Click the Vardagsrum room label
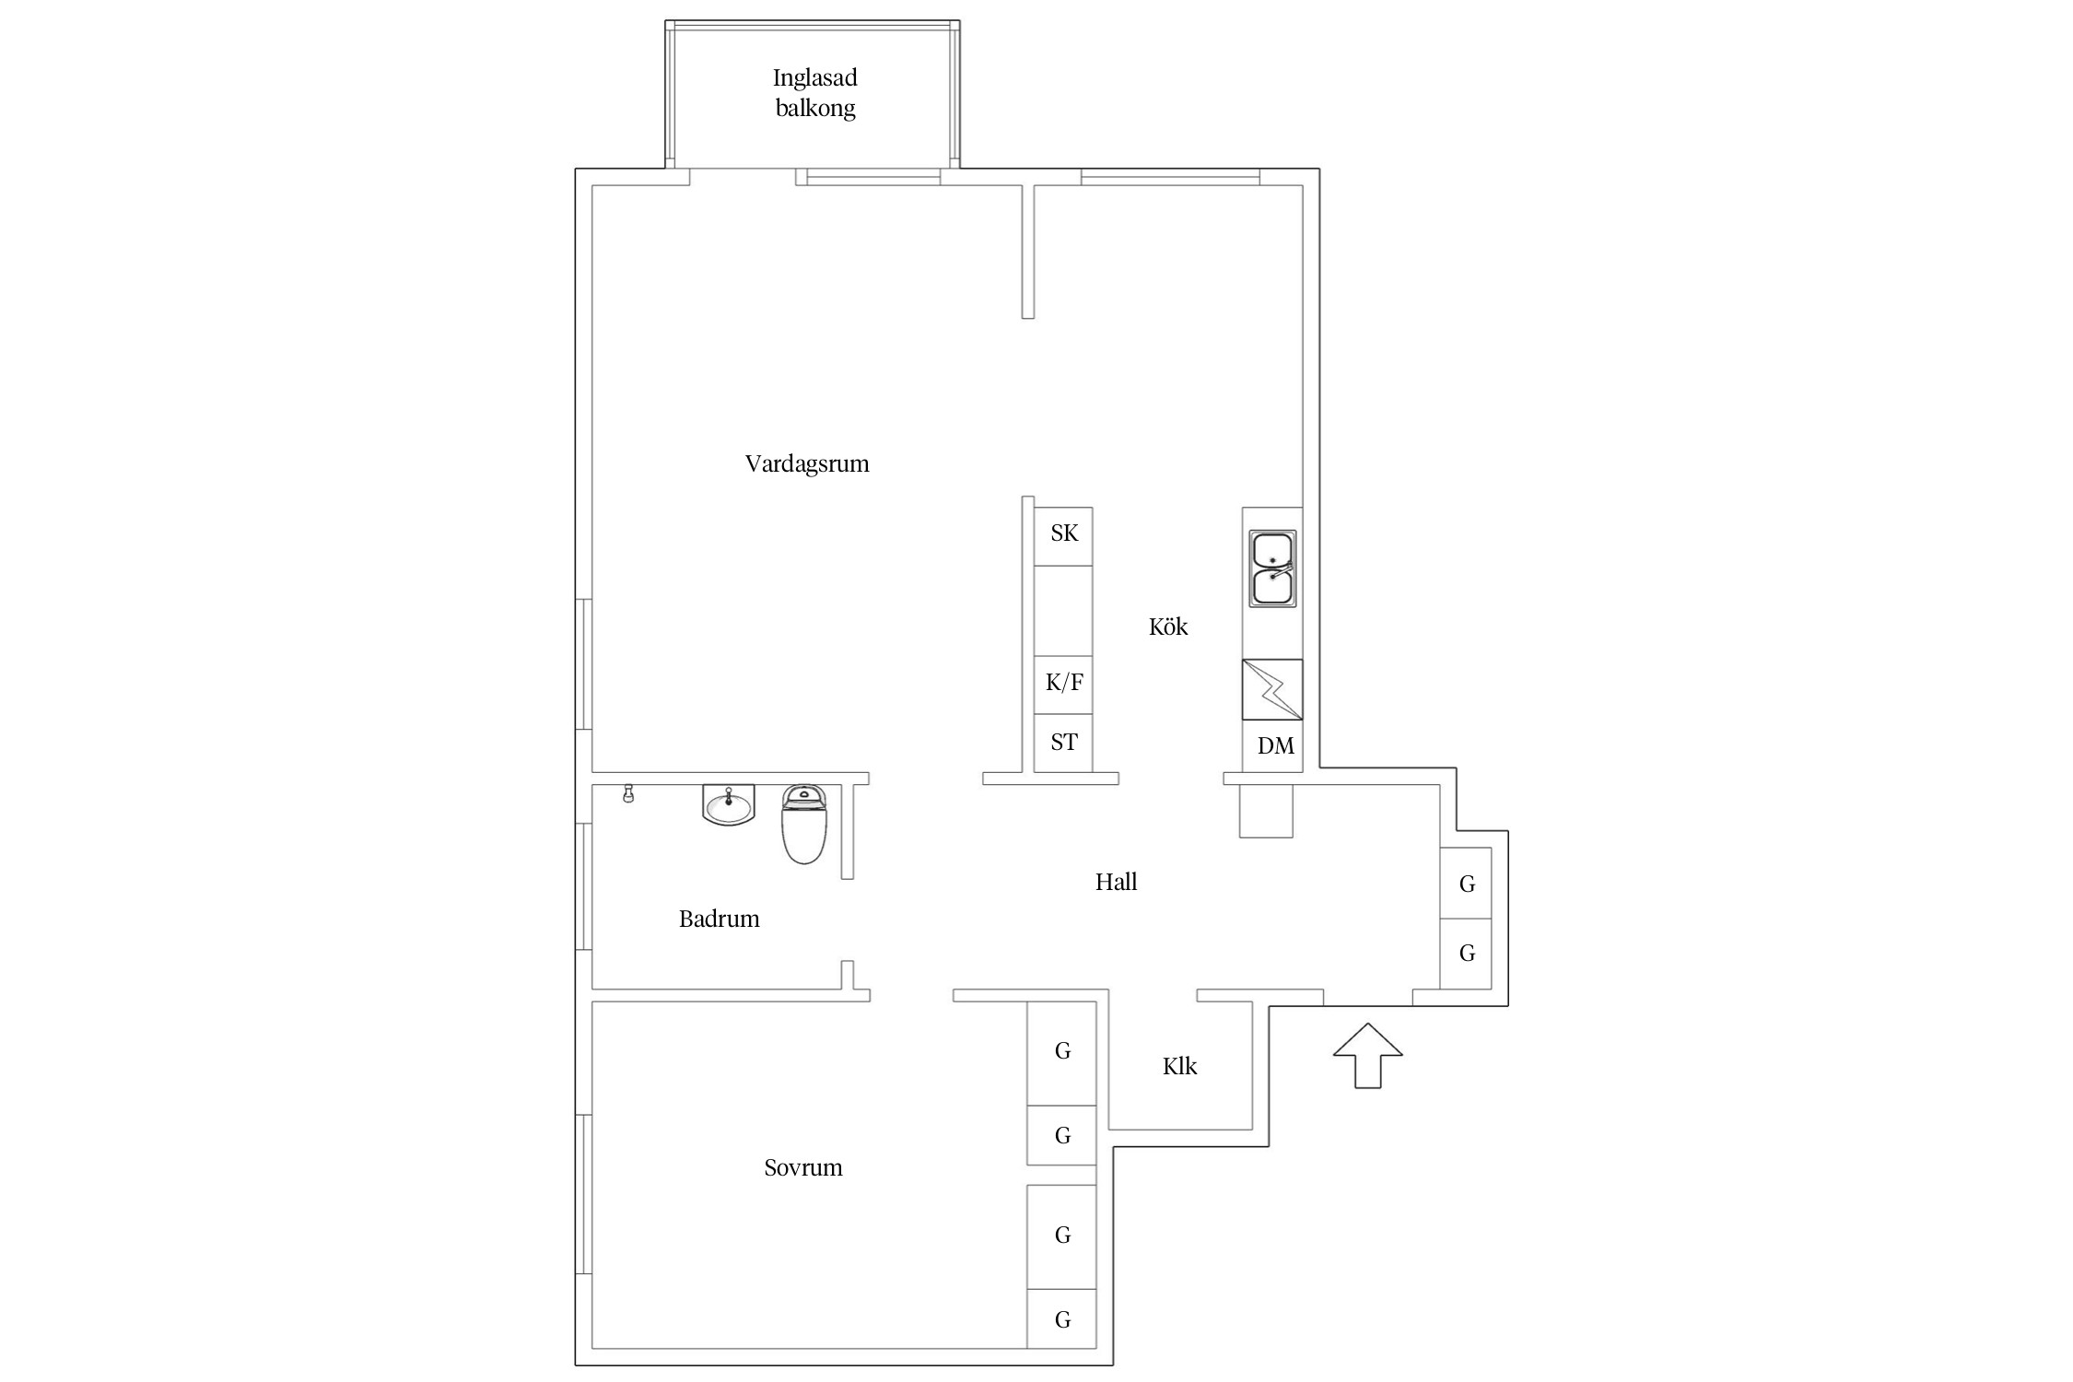click(807, 463)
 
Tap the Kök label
click(1168, 627)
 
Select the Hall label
click(1116, 882)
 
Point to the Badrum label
click(719, 919)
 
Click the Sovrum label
click(803, 1167)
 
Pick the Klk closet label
click(1179, 1066)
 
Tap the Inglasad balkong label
click(815, 93)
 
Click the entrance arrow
click(1368, 1055)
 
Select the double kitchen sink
click(1272, 568)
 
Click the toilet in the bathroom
click(804, 824)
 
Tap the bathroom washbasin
click(728, 804)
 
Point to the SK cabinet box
click(1063, 536)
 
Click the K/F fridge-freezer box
click(1063, 685)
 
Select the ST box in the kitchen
click(1063, 743)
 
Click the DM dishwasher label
click(1276, 745)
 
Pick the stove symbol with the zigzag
click(1272, 689)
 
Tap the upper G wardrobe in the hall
click(1466, 883)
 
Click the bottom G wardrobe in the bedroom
click(1061, 1318)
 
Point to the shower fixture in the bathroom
click(628, 793)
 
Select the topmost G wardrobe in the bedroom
click(1061, 1053)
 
